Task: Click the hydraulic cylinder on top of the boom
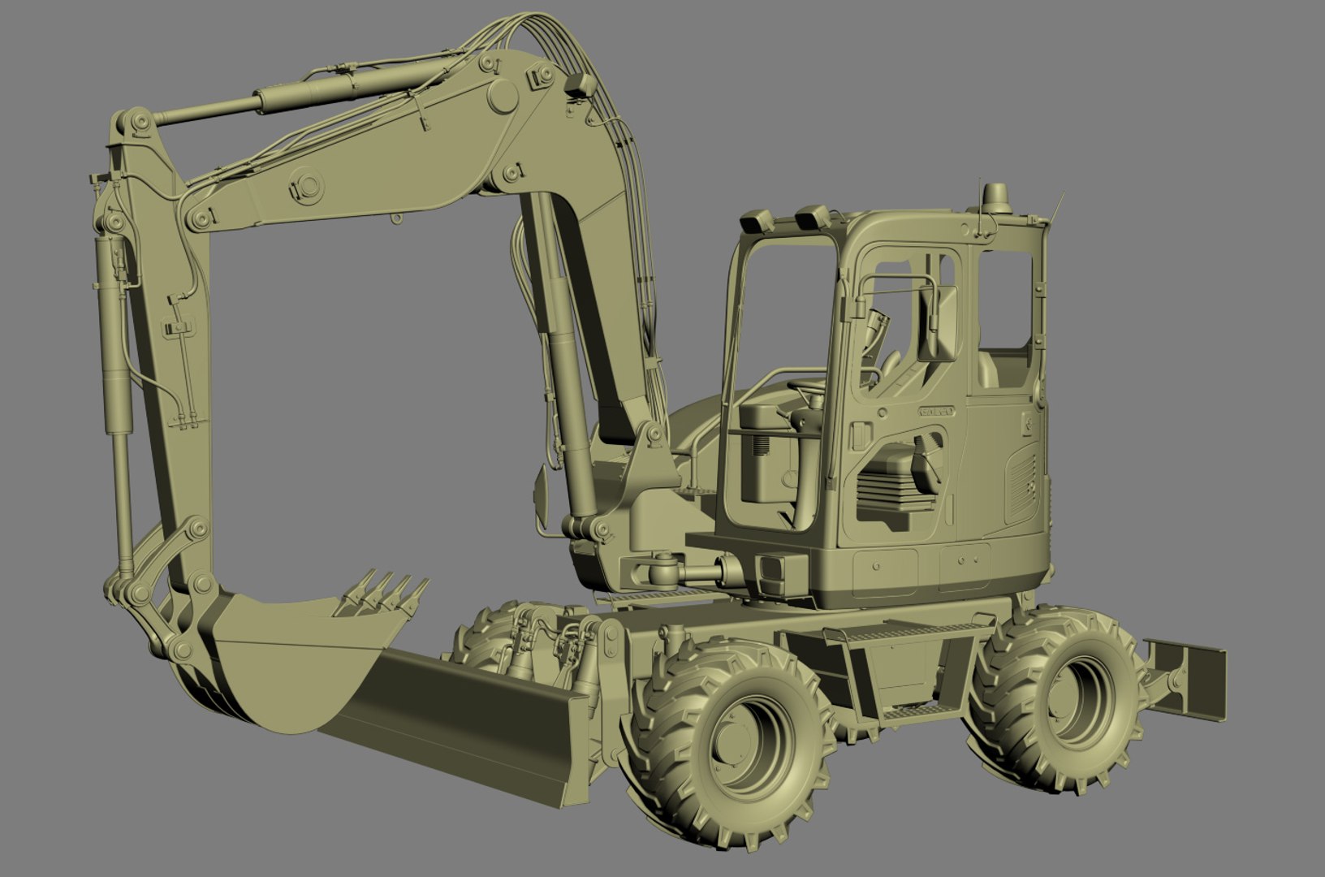[x=309, y=95]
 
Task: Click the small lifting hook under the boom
[x=395, y=218]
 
